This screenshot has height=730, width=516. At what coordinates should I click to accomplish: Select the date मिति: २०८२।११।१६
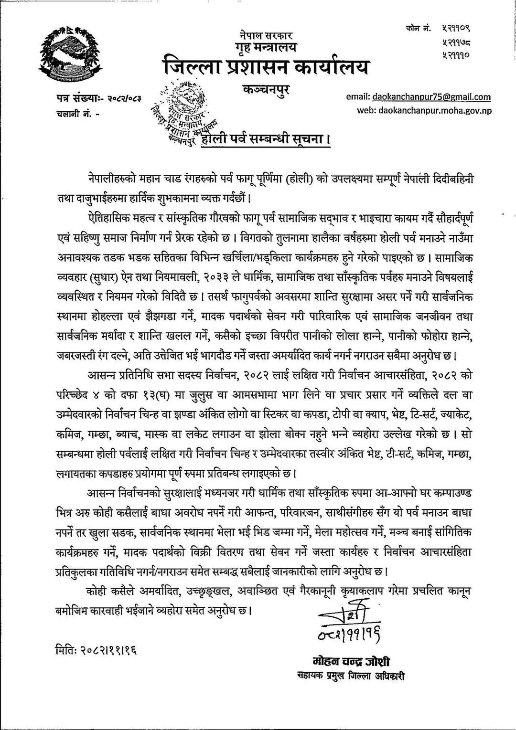click(x=95, y=651)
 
